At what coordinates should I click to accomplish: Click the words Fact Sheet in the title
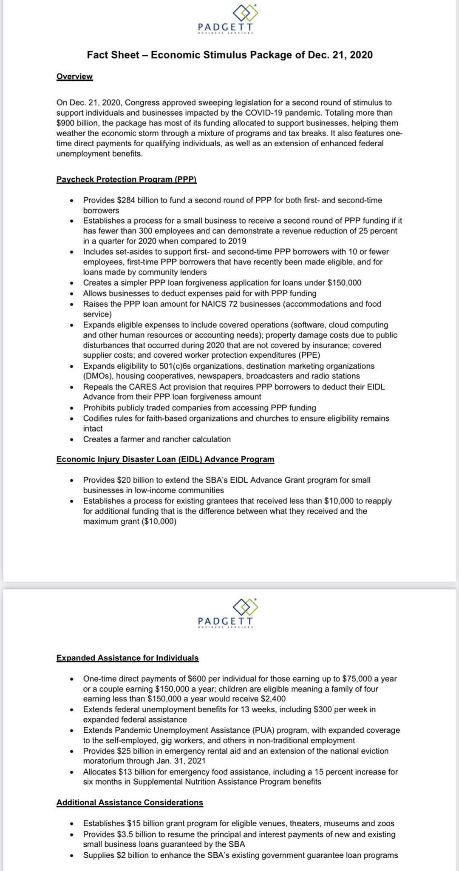(113, 55)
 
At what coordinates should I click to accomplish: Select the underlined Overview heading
(74, 77)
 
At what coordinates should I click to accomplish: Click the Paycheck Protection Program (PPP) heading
(126, 179)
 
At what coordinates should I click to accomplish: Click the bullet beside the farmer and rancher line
(72, 440)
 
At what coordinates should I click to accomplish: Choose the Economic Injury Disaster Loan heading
(165, 459)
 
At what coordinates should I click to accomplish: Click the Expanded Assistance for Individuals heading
(127, 658)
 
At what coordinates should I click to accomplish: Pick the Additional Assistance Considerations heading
(130, 803)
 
